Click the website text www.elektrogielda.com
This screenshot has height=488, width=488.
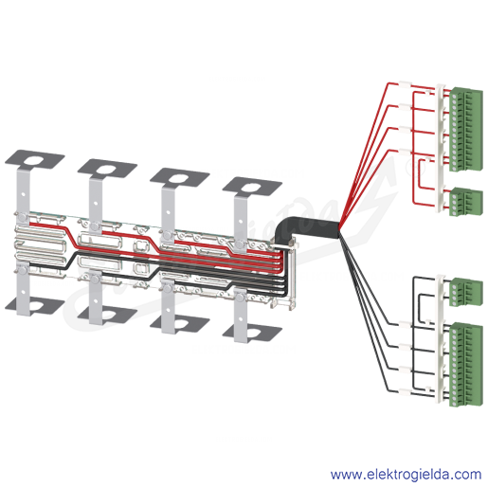coord(406,475)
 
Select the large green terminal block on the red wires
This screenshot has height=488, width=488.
coord(466,130)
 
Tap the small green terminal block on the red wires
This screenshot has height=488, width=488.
coord(466,202)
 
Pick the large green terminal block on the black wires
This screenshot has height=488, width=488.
coord(466,364)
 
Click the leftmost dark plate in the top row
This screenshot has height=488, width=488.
coord(35,162)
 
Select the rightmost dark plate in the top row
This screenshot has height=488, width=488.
coord(252,189)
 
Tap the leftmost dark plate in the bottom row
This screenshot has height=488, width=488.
coord(35,307)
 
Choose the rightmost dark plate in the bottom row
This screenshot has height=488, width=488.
coord(252,334)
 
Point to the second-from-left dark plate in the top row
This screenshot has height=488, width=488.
coord(107,171)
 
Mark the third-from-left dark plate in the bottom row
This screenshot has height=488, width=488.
coord(179,324)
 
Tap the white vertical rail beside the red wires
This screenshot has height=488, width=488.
coord(441,148)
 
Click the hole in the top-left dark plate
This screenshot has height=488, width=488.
coord(33,160)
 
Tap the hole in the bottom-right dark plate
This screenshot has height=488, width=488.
coord(251,334)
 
